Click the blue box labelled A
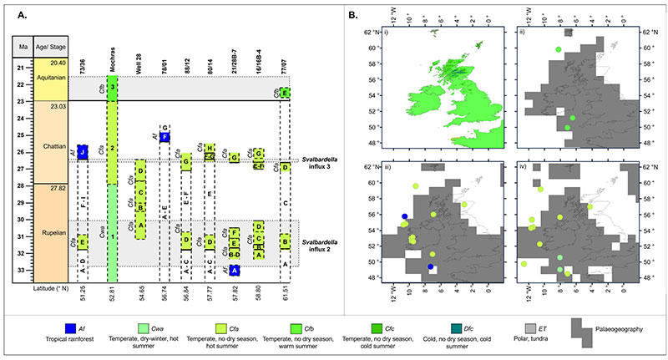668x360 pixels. [235, 270]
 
